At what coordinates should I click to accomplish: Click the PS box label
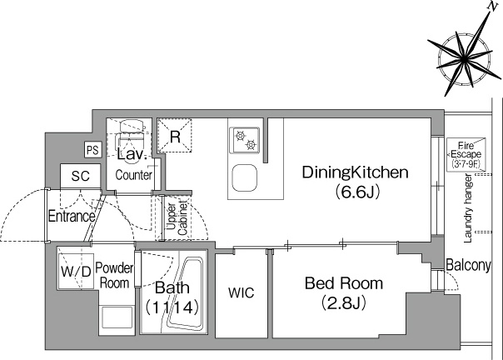tap(92, 150)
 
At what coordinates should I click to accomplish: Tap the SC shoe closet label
tap(80, 176)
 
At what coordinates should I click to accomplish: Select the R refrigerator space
tap(175, 136)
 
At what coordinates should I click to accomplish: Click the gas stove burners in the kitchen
tap(246, 140)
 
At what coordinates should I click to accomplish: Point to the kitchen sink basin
tap(245, 178)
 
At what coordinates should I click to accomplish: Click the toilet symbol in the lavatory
tap(131, 134)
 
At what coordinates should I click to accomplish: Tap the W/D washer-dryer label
tap(76, 272)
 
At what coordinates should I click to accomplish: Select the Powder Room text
tap(114, 276)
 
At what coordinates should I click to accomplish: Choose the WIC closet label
tap(242, 292)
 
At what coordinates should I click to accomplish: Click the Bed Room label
tap(344, 283)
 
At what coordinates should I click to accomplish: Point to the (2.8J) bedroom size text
tap(344, 302)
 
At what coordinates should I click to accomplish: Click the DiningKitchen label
tap(355, 172)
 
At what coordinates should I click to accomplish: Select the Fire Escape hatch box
tap(466, 154)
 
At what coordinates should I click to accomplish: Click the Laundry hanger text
tap(468, 208)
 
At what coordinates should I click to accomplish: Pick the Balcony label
tap(468, 265)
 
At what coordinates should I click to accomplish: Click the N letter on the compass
tap(491, 7)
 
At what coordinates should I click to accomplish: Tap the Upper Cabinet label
tap(177, 219)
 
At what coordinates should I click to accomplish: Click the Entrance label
tap(72, 217)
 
